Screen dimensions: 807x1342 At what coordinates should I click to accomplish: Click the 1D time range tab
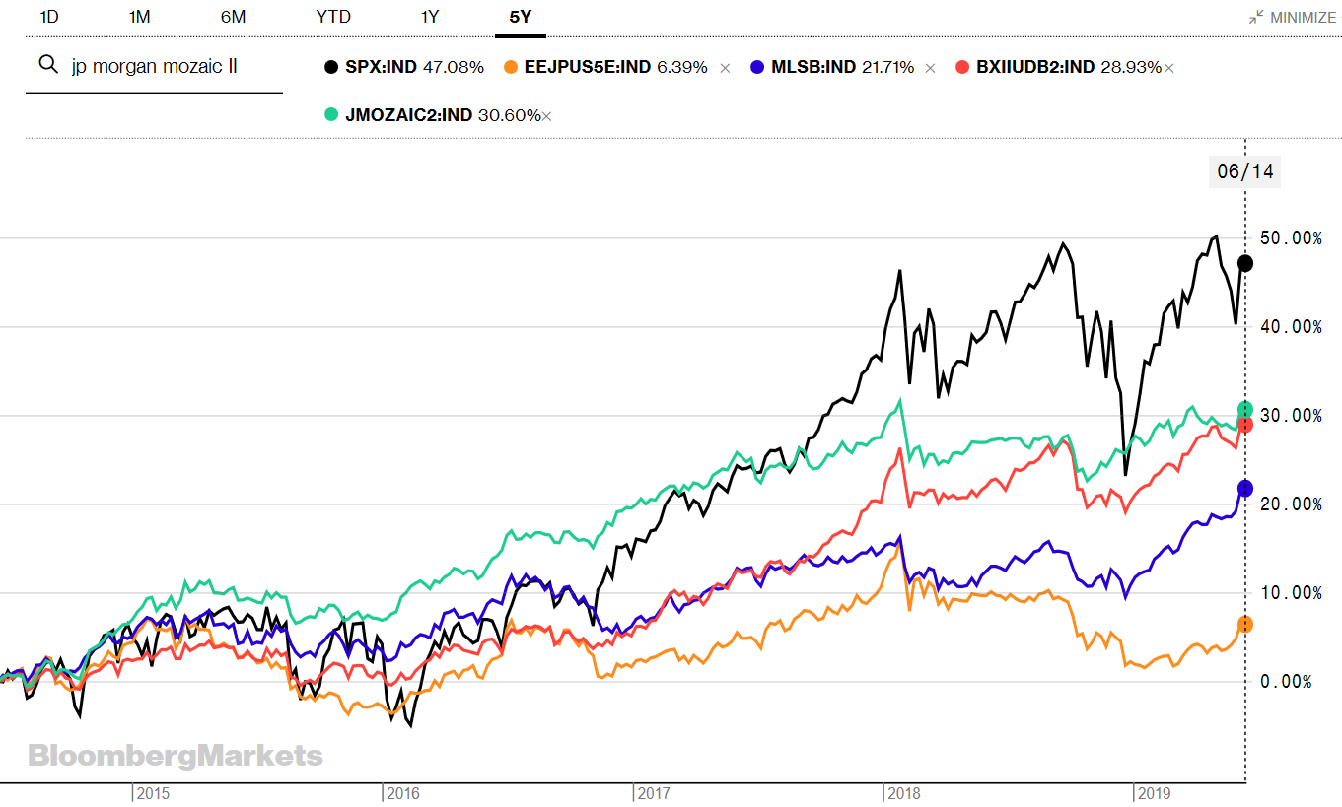[49, 17]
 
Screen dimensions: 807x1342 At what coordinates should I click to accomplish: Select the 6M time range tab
[233, 17]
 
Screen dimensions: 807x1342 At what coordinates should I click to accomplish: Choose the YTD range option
[333, 17]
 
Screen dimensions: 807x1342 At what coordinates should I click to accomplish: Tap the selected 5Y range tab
[521, 17]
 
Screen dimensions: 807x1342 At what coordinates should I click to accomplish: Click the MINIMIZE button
[1293, 18]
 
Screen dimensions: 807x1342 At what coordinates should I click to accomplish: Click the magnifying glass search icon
[46, 66]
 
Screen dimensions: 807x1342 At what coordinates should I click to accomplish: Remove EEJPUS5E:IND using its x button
[725, 68]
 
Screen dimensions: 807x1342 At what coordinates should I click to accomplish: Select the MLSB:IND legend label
[813, 67]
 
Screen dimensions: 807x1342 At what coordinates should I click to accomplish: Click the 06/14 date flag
[1245, 171]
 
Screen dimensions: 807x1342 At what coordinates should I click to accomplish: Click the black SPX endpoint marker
[1245, 263]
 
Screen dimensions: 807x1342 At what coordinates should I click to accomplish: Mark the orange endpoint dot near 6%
[1245, 625]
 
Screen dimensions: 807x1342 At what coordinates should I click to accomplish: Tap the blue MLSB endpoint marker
[1245, 488]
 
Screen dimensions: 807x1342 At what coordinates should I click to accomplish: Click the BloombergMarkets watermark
[176, 756]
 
